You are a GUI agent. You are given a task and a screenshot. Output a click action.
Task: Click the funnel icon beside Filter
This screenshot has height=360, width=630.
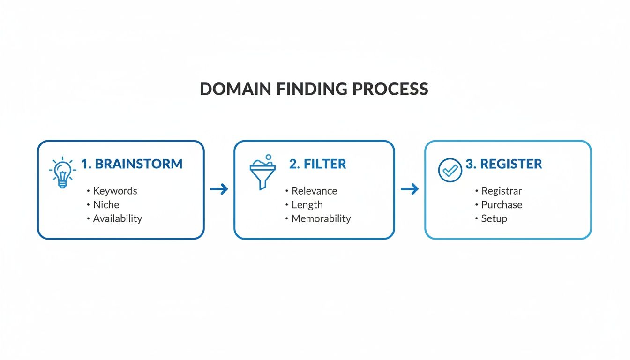coord(262,172)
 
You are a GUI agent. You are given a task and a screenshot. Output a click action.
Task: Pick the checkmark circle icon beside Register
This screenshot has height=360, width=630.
coord(450,170)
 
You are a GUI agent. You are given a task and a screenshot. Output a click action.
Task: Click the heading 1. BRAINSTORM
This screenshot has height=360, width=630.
coord(132,164)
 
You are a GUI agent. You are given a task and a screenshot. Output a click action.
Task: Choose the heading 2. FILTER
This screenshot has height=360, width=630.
coord(318,164)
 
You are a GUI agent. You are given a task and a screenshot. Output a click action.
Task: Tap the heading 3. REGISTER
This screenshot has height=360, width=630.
coord(504,164)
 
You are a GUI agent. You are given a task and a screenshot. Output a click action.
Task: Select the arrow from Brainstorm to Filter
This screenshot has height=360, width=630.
coord(219,189)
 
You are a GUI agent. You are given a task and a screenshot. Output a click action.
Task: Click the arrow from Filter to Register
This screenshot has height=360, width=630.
coord(410,189)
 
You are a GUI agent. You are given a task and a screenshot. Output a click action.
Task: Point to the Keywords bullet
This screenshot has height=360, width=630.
coord(115,191)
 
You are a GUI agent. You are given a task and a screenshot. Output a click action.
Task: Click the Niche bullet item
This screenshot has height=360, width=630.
coord(106,204)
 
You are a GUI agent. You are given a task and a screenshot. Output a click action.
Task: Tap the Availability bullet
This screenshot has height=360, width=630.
coord(117,218)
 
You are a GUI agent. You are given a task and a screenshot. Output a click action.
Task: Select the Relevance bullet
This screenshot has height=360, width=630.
coord(314,191)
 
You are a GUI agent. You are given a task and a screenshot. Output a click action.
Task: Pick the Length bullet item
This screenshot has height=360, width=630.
coord(307,204)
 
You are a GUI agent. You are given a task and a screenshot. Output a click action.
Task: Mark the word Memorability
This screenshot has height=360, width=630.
coord(321,218)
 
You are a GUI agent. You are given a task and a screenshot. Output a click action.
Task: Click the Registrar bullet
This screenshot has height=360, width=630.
coord(502,191)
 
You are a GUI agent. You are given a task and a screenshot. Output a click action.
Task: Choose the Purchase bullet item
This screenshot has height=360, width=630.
coord(502,204)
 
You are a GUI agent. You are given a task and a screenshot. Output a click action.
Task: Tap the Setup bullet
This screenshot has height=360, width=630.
coord(494,218)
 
